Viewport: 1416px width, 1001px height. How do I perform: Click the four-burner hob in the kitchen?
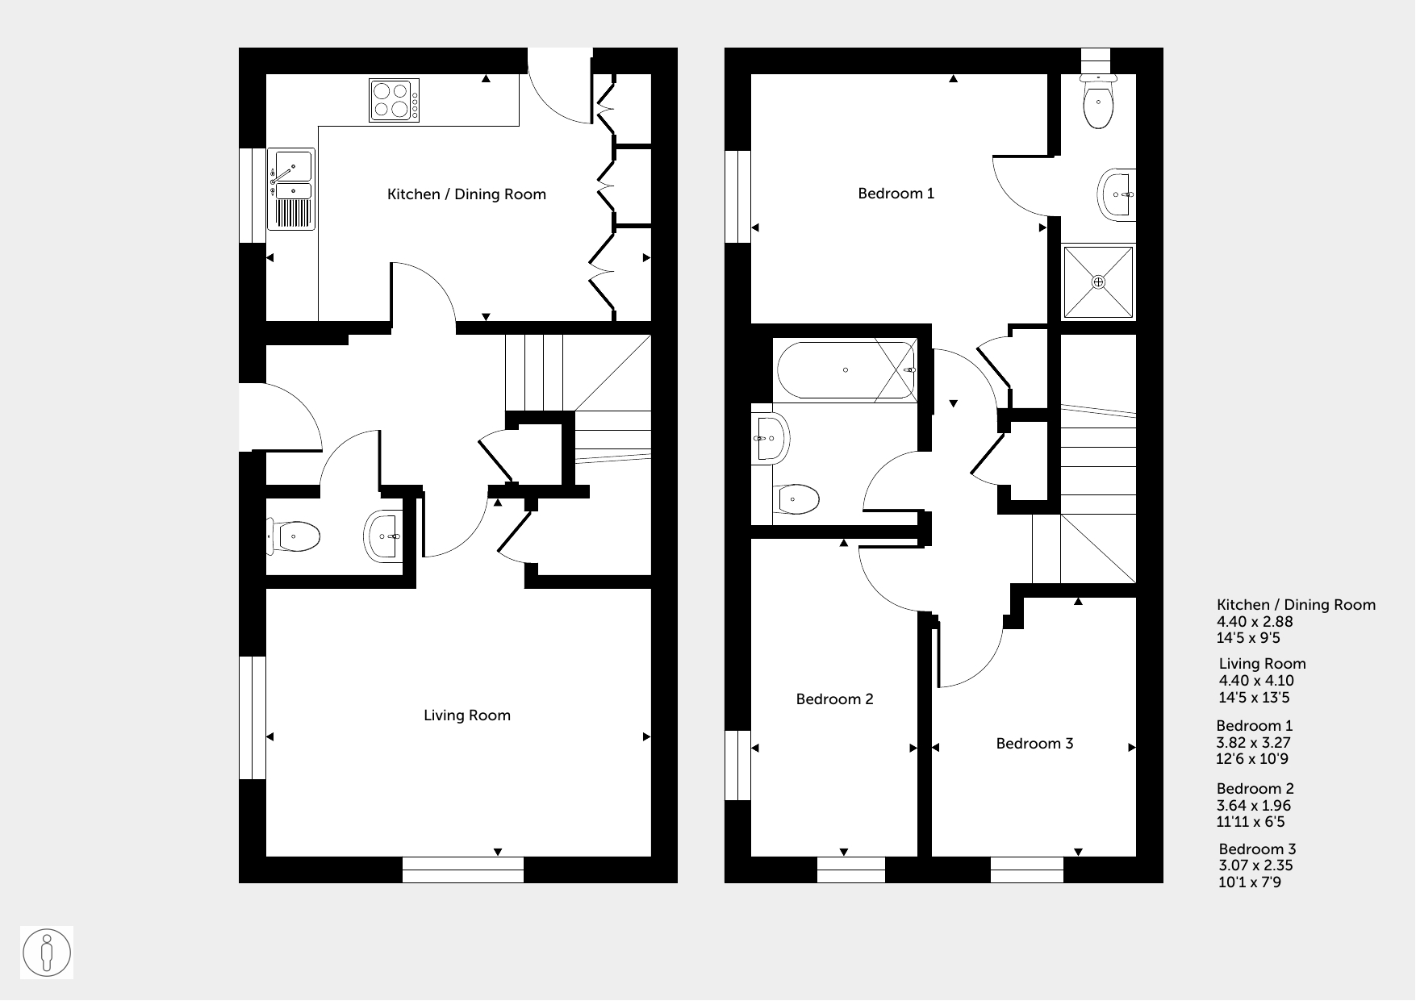[395, 100]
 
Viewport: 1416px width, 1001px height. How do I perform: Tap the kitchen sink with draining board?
[290, 190]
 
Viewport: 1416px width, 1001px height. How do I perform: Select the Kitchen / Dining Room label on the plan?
[466, 194]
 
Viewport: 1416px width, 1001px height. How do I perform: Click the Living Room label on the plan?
[467, 715]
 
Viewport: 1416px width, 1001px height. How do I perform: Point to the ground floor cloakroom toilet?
[294, 536]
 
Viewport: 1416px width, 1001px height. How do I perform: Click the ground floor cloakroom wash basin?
[382, 536]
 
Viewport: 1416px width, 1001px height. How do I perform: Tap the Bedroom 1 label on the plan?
[896, 194]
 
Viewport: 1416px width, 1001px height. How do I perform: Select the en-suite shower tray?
[1098, 282]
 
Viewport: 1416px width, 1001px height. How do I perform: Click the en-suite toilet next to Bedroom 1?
[1098, 102]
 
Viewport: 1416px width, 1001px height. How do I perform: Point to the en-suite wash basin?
[1117, 194]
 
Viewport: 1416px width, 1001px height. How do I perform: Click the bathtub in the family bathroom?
[846, 370]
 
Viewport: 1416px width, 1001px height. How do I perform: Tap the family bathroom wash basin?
[770, 440]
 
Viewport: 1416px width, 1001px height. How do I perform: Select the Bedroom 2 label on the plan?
[834, 699]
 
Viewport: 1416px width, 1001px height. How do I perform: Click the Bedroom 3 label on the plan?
[1034, 744]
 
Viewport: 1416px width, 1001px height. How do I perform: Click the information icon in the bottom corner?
[48, 953]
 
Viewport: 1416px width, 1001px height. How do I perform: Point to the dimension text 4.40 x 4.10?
[1261, 681]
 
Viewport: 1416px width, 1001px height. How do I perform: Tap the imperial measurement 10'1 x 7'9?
[1250, 882]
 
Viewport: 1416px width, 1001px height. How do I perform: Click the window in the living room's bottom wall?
[462, 870]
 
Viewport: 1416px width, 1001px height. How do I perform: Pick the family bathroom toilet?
[796, 499]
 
